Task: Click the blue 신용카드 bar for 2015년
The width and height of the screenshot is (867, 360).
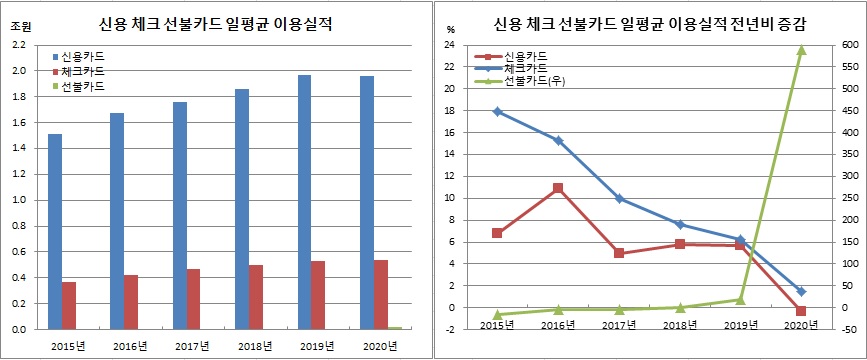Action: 54,231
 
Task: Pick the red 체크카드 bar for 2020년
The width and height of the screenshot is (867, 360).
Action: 381,294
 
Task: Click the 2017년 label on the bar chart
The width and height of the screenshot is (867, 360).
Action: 193,346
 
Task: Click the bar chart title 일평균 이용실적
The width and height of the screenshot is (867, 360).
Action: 215,21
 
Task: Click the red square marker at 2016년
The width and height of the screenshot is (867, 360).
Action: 558,188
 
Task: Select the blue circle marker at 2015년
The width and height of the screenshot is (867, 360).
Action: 497,112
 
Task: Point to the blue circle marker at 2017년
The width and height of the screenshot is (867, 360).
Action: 619,198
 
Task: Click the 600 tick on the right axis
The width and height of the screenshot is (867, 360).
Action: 847,45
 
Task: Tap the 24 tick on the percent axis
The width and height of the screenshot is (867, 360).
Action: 450,45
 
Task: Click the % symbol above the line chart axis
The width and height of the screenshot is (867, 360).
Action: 451,29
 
